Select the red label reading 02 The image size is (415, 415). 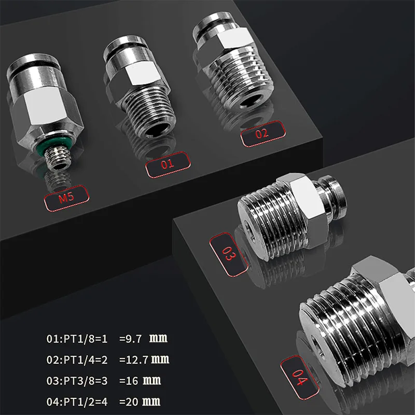[263, 133]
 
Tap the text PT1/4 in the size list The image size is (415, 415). [73, 359]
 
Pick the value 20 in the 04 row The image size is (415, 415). [131, 401]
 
